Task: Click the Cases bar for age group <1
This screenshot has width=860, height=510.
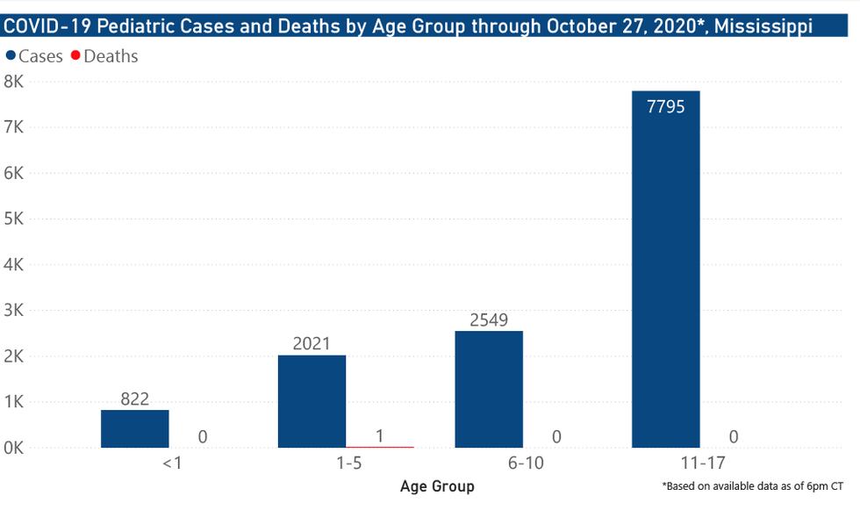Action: click(135, 429)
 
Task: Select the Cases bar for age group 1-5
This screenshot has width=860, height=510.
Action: click(312, 401)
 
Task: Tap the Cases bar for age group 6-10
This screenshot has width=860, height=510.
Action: click(489, 390)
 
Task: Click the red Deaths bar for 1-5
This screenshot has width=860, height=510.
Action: click(379, 447)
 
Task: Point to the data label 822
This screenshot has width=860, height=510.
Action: click(135, 399)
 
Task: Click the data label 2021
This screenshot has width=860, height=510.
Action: click(312, 343)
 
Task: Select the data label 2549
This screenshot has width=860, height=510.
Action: click(489, 320)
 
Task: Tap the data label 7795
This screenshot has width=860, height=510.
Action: click(665, 107)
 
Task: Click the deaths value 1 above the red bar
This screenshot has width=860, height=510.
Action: click(379, 435)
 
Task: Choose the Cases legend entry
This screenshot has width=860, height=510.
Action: click(35, 56)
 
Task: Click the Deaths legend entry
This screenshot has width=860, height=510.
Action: click(104, 56)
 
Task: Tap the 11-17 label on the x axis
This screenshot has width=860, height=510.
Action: click(700, 463)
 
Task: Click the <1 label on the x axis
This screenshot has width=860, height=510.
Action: click(171, 463)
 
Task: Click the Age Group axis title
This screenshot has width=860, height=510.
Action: click(436, 486)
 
